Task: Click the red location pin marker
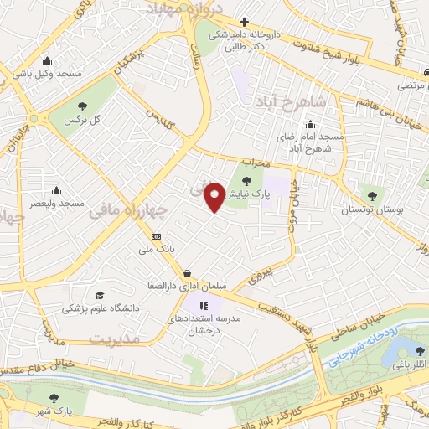(215, 197)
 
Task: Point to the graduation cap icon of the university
(101, 296)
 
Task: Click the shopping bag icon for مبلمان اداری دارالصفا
(186, 273)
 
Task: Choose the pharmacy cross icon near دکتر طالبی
(243, 23)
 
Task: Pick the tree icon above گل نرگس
(82, 106)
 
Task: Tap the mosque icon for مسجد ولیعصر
(56, 189)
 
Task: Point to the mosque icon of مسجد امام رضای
(309, 125)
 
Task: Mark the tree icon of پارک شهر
(54, 399)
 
